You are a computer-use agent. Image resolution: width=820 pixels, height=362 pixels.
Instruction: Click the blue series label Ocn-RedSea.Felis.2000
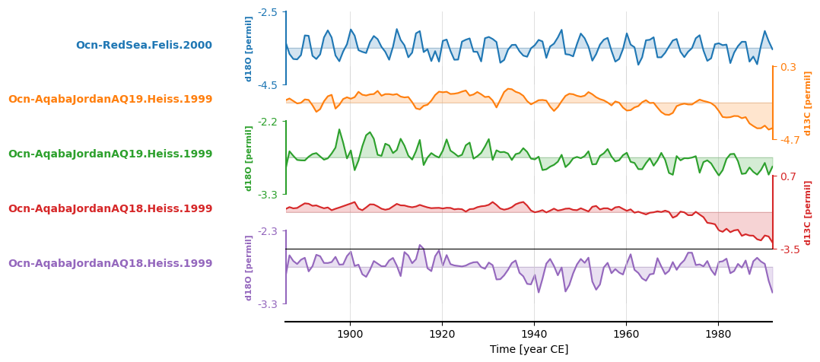144,46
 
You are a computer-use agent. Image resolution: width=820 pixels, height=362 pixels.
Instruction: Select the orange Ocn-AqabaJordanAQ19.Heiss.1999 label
110,100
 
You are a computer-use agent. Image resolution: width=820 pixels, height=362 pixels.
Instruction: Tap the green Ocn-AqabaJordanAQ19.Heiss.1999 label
110,154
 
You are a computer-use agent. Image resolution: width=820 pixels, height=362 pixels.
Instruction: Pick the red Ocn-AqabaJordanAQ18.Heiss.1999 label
110,209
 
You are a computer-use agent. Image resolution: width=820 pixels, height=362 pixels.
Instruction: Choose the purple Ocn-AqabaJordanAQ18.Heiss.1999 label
110,264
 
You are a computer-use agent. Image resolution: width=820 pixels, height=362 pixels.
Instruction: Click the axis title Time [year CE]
529,350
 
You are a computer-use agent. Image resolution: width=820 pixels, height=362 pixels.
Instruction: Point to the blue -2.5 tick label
268,12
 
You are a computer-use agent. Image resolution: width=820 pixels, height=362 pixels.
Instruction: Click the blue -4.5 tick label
268,85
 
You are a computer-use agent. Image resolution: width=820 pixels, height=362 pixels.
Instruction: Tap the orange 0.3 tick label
788,67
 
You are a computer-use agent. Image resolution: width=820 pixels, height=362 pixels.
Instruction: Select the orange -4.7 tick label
790,140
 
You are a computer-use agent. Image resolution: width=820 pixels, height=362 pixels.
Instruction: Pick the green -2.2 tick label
268,122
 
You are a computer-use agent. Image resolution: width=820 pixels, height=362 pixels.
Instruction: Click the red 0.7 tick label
788,176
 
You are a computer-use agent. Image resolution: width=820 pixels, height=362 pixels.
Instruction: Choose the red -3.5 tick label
790,249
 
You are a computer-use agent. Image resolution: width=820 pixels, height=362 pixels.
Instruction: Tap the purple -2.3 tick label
268,231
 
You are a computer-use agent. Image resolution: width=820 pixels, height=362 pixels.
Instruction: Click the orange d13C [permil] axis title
809,103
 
